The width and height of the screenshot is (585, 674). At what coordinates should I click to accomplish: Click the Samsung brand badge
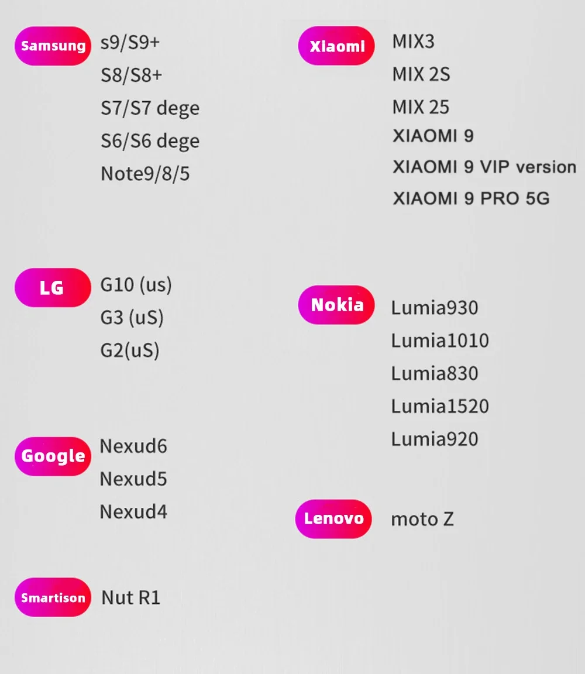click(53, 46)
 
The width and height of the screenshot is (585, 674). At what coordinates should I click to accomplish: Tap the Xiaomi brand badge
click(336, 46)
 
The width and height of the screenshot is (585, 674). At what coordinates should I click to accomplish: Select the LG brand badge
click(53, 287)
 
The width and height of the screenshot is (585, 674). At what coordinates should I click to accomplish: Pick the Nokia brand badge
click(336, 304)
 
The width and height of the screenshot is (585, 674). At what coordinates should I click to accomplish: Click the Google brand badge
click(53, 456)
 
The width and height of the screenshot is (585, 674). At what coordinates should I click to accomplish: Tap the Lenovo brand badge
click(333, 518)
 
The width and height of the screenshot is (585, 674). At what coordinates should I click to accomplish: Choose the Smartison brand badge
click(53, 597)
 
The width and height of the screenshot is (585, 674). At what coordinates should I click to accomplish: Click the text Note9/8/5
click(145, 174)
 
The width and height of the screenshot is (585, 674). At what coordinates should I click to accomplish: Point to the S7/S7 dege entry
click(150, 108)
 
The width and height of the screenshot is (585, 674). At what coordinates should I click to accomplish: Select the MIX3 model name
click(414, 42)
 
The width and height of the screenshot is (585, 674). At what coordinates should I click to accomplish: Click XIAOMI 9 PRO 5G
click(471, 198)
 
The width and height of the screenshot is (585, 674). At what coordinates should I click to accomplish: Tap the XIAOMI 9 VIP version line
click(484, 167)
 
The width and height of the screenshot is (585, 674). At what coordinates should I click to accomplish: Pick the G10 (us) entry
click(136, 285)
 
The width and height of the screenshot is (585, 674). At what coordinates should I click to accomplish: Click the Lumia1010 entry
click(440, 341)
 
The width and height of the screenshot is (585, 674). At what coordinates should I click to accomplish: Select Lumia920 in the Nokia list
click(435, 439)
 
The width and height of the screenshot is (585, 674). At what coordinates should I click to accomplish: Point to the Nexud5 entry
click(133, 479)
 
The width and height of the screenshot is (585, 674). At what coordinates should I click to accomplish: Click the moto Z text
click(422, 519)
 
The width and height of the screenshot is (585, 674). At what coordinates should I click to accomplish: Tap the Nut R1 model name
click(131, 597)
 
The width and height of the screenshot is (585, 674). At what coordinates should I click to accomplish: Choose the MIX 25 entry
click(421, 107)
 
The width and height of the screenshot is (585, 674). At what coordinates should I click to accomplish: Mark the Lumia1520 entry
click(440, 406)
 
